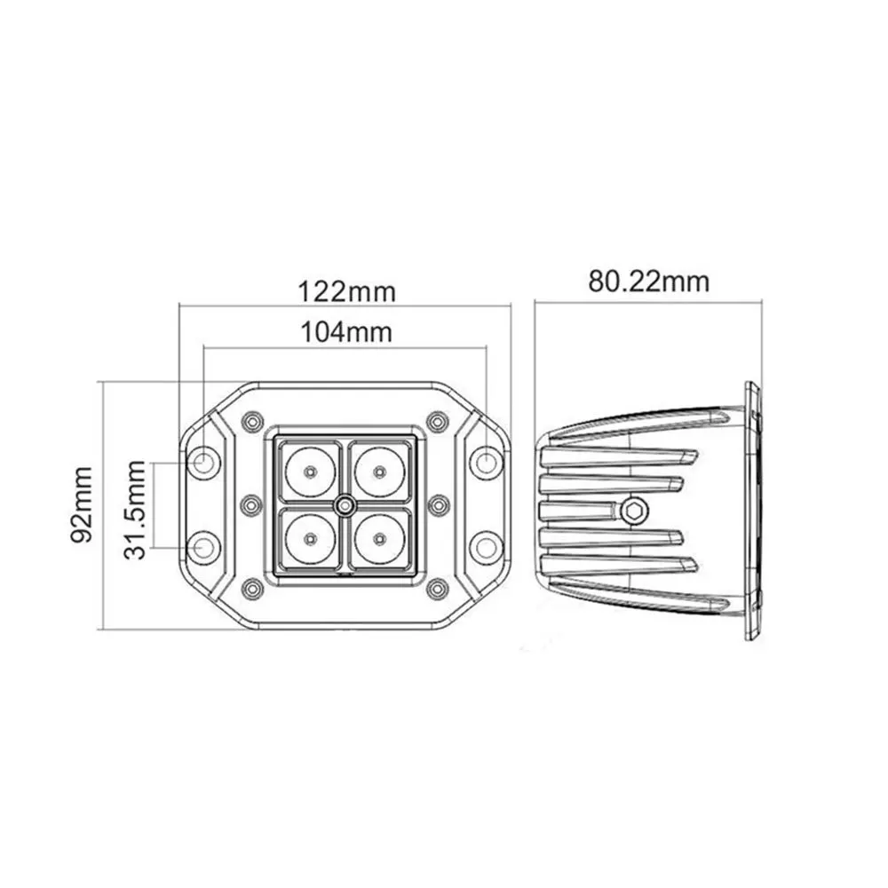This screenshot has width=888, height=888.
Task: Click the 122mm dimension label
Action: coord(346,292)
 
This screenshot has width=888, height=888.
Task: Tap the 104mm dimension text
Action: coord(346,332)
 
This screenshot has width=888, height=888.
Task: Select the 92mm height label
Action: coord(82,504)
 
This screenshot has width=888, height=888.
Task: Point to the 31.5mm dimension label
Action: coord(135,510)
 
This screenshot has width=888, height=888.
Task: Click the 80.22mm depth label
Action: coord(648,281)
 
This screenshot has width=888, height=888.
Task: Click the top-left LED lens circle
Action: coord(310,472)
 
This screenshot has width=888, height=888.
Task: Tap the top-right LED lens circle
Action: coord(379,472)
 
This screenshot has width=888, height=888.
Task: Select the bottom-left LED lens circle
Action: coord(310,537)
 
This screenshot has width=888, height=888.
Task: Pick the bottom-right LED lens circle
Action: coord(379,537)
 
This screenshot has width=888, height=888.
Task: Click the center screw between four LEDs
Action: coord(345,504)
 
